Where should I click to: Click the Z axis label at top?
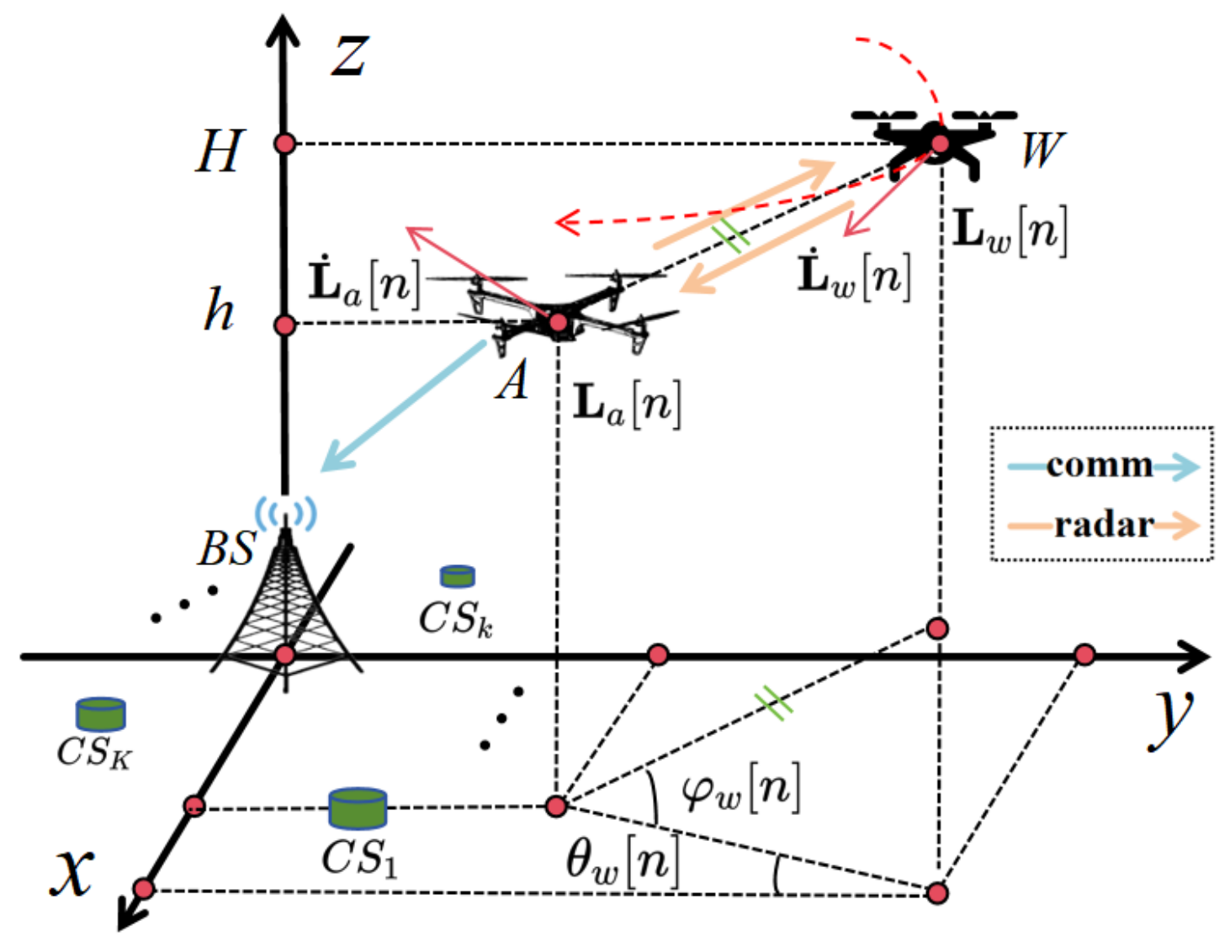pos(348,57)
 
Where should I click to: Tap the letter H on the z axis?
pos(220,151)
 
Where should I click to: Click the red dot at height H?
pos(285,144)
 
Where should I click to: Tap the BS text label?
pos(225,548)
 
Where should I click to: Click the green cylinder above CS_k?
pos(458,576)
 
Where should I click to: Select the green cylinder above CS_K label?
pos(101,714)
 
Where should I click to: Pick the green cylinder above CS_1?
pos(358,807)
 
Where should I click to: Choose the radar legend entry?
pos(1102,525)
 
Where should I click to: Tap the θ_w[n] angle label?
pos(622,861)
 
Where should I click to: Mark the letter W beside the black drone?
pos(1042,150)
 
